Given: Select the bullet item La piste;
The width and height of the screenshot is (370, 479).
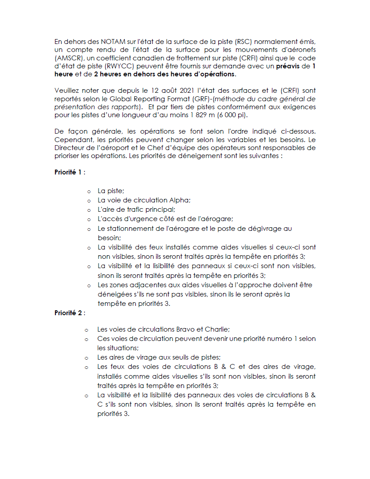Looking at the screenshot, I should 111,190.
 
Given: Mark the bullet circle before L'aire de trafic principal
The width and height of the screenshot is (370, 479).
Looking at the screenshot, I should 89,210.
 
